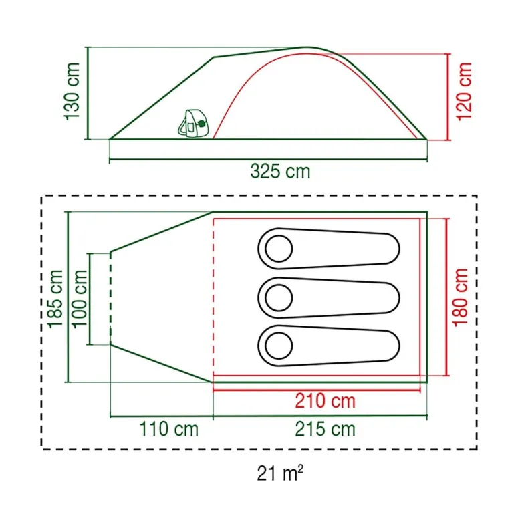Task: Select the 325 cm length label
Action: point(280,172)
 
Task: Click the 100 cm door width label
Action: point(80,298)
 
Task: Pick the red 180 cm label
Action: point(461,297)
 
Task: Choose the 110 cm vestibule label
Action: point(169,428)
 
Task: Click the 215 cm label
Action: point(325,428)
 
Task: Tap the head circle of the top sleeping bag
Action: point(279,249)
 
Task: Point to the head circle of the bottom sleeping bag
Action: point(279,345)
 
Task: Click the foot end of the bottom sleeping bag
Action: point(390,345)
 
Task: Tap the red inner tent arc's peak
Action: point(305,53)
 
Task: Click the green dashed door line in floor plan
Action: point(110,298)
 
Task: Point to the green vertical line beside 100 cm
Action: point(90,298)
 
